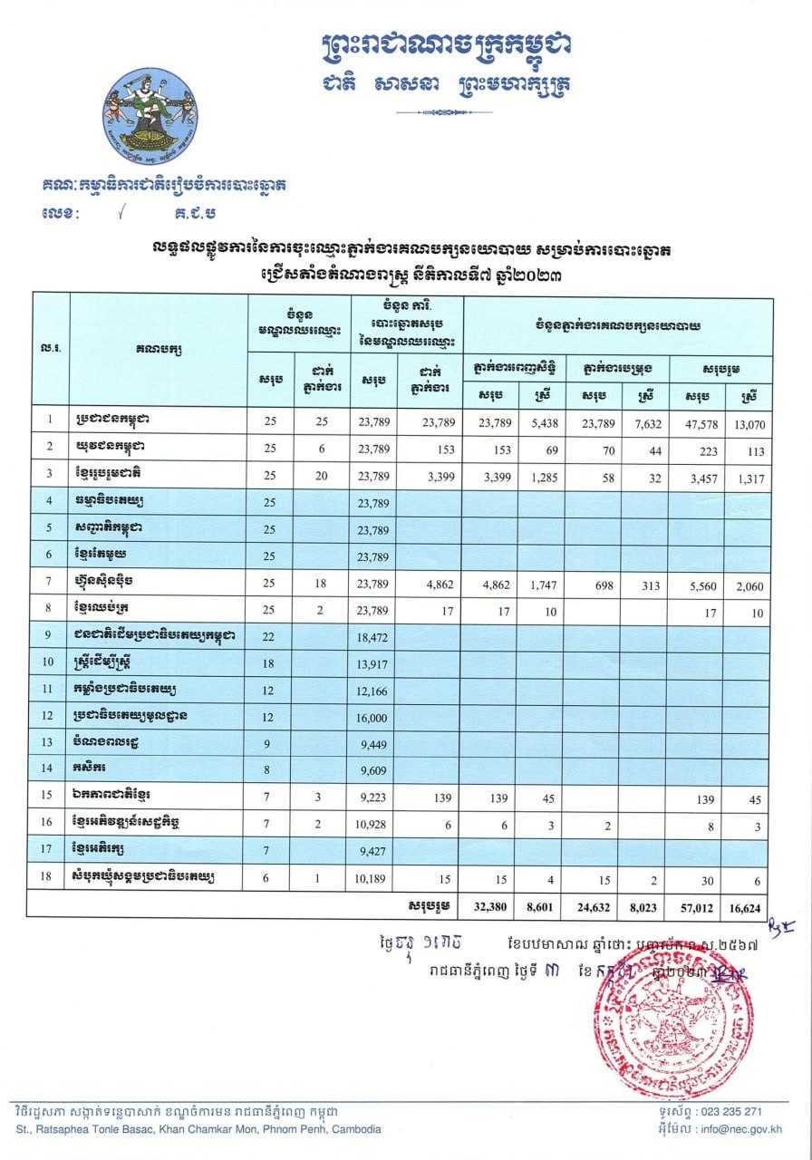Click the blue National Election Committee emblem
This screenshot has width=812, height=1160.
(x=149, y=112)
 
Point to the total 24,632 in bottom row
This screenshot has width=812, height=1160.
(x=594, y=904)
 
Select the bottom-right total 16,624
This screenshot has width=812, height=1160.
(x=747, y=904)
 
